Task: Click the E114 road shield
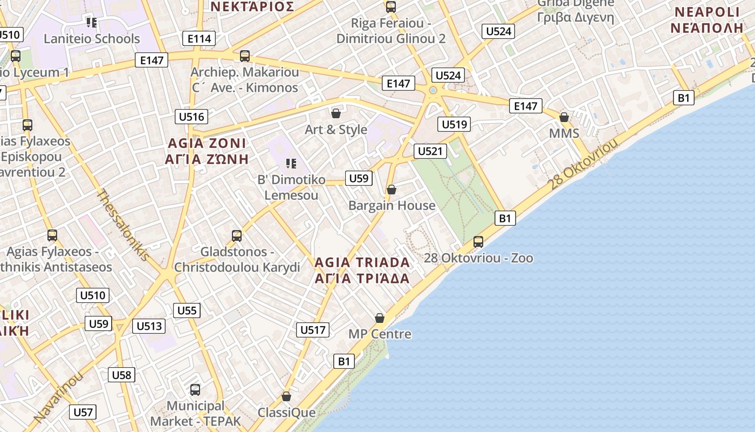199,38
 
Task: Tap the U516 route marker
191,117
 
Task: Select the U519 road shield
454,125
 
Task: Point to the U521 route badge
430,151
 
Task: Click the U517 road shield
313,330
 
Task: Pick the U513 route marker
149,326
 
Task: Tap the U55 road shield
187,310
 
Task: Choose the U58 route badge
121,375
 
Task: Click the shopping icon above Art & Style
336,113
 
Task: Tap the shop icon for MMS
564,117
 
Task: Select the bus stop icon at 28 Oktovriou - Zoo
478,242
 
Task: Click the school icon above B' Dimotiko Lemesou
291,163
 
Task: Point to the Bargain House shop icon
392,190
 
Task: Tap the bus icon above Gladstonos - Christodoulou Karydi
237,235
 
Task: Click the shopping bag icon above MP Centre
380,318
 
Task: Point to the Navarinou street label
59,397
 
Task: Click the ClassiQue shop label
286,413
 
